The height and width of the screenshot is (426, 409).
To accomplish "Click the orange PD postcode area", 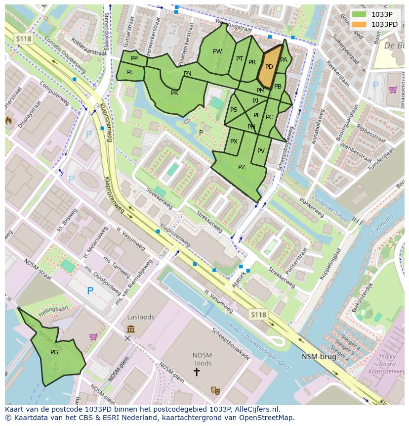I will click(x=269, y=67).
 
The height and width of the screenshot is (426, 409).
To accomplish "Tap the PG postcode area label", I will click(x=54, y=352).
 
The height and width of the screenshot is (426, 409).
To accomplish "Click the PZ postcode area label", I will click(x=242, y=167).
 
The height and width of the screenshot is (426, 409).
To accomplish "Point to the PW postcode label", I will click(x=217, y=51).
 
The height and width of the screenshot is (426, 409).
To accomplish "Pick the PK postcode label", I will click(x=174, y=93).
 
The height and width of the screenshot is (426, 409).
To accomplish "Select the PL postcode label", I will click(x=130, y=72).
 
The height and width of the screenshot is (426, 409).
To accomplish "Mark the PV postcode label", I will click(x=261, y=151).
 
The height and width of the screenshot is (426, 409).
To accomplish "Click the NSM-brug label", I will click(x=319, y=356).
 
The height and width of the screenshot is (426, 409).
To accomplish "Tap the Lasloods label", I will click(x=141, y=317).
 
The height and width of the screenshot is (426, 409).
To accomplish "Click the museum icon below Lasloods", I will click(x=131, y=329).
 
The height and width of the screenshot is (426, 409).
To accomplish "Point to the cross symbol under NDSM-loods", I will click(x=196, y=371).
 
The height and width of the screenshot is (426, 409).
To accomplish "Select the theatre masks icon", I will click(x=215, y=390).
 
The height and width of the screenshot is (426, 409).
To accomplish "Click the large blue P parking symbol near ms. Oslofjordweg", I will click(x=90, y=291).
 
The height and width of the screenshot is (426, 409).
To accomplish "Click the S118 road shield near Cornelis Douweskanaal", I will click(x=258, y=314).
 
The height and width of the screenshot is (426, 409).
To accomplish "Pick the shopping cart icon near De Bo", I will click(x=393, y=90).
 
